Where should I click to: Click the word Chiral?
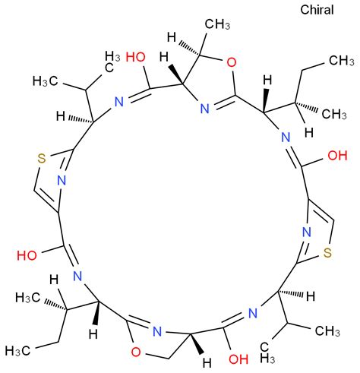point(317,10)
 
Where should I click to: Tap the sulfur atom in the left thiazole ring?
point(42,159)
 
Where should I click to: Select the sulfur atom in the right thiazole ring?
point(327,253)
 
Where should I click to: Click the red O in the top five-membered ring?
point(231,62)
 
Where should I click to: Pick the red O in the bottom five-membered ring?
point(136,352)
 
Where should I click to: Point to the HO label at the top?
point(136,57)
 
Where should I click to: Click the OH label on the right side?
point(337,155)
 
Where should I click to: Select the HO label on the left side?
point(27,255)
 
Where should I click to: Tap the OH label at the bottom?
point(238,359)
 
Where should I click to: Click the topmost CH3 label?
point(217,24)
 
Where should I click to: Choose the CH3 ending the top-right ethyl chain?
point(342,61)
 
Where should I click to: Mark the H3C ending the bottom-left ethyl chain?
point(18,351)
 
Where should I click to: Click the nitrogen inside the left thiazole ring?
point(62,181)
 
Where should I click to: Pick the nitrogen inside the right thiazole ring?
point(307,232)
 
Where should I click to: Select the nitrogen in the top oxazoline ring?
point(205,109)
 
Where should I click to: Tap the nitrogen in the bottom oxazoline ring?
point(157,331)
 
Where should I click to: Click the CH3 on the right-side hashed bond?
point(334,114)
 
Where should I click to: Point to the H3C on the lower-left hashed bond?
point(28,298)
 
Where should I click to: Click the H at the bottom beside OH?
point(207,363)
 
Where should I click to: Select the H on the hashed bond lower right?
point(311,296)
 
